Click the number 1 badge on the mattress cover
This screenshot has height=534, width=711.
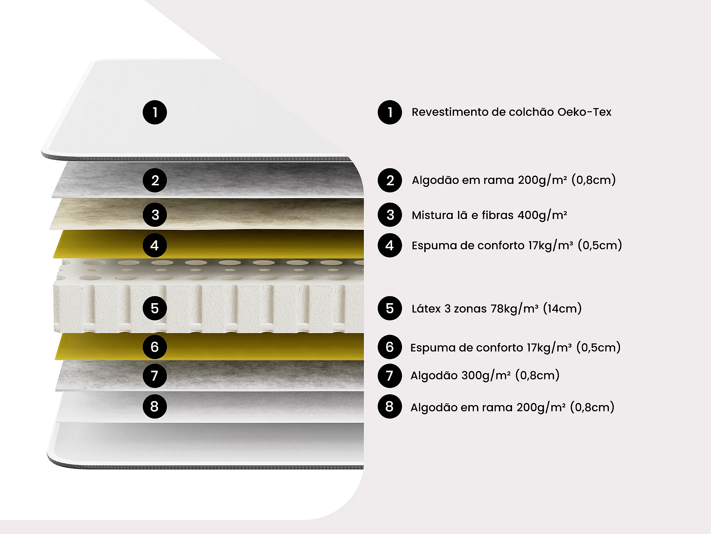click(155, 112)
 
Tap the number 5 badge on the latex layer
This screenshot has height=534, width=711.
click(155, 308)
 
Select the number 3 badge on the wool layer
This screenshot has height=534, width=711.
click(155, 215)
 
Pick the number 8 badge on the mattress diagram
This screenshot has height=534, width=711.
click(155, 406)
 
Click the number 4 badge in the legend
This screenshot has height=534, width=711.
click(390, 245)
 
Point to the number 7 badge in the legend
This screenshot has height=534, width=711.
click(390, 376)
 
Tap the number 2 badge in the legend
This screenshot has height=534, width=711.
click(390, 180)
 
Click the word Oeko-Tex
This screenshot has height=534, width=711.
click(584, 112)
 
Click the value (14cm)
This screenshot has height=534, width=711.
click(562, 308)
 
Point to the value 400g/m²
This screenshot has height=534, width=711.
click(542, 215)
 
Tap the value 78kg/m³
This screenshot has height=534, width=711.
click(514, 308)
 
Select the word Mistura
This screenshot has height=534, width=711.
click(433, 215)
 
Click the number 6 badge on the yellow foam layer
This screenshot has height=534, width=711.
click(155, 347)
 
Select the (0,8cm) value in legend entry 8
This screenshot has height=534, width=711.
click(592, 407)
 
